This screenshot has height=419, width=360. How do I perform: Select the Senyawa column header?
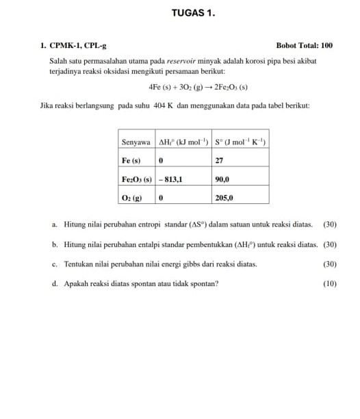[136, 142]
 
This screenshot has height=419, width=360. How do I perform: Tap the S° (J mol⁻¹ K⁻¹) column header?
[239, 142]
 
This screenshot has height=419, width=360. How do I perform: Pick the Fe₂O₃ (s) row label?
[136, 179]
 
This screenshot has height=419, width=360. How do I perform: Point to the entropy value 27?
[220, 160]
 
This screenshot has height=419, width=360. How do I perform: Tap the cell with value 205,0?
[224, 197]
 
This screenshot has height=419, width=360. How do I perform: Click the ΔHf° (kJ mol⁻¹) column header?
[183, 142]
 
